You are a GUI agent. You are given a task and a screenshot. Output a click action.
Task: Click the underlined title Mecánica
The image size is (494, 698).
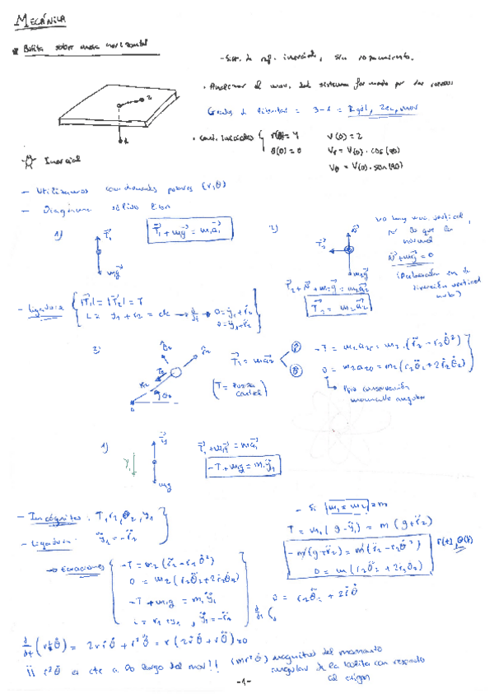(x=40, y=17)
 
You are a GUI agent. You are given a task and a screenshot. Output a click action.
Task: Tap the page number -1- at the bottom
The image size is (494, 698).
(x=243, y=682)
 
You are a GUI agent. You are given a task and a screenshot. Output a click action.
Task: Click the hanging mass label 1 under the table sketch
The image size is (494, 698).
(x=122, y=141)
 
